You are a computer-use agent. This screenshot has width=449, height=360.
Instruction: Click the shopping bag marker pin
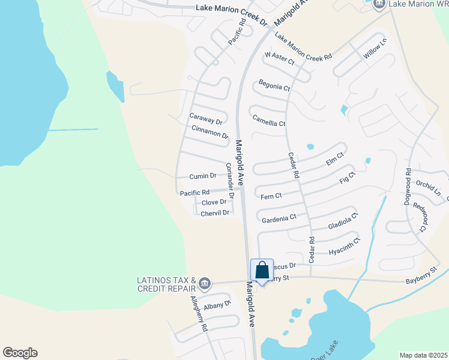pos(262,271)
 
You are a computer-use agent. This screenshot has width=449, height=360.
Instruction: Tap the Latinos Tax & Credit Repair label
pos(167,284)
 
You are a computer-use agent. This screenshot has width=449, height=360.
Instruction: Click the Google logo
pos(19,353)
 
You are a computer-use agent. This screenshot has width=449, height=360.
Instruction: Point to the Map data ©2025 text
pos(423,355)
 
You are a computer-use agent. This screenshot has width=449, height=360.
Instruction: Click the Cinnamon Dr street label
pos(210,132)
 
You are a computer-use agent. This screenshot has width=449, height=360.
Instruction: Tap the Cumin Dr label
pos(202,176)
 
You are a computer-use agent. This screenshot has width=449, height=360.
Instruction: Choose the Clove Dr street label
pos(214,202)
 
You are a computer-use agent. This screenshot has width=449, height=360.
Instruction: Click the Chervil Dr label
pos(215,212)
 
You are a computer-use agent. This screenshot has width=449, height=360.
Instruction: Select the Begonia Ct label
pos(274,86)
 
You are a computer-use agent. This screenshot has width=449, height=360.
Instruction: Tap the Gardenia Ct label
pos(279,217)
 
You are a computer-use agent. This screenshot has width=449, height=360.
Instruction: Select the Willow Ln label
pos(375,47)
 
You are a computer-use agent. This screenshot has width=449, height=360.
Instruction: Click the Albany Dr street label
pos(217,305)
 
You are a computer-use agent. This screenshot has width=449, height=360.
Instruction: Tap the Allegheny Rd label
pos(199,314)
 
